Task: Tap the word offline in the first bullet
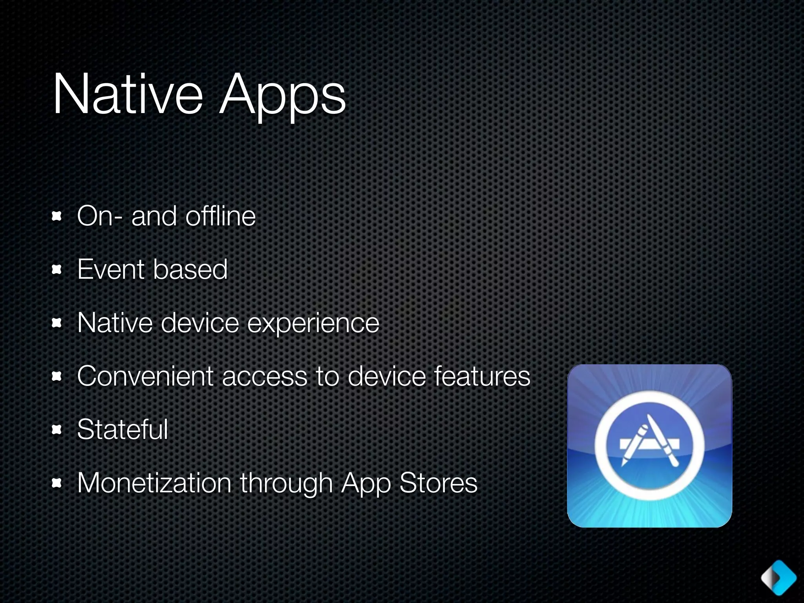click(221, 216)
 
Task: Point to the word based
click(190, 269)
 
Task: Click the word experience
click(313, 323)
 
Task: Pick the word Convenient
click(145, 376)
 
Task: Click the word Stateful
click(122, 429)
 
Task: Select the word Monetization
click(154, 482)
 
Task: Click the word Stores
click(438, 482)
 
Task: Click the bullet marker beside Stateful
click(57, 430)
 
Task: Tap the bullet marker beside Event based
click(57, 270)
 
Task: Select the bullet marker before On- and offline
click(57, 216)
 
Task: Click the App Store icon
click(649, 446)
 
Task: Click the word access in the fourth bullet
click(265, 376)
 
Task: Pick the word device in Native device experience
click(200, 323)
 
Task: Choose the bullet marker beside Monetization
click(57, 483)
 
